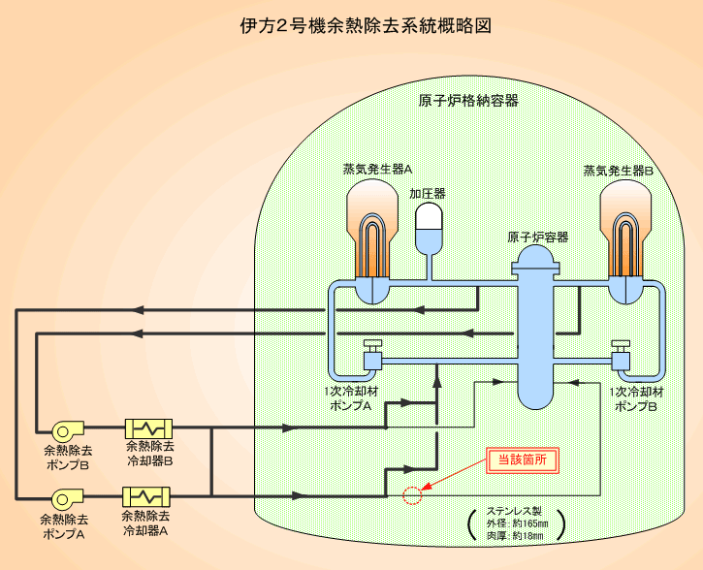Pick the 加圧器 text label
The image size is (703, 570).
427,194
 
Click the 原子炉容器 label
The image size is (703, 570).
538,237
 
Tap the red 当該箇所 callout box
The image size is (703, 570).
522,460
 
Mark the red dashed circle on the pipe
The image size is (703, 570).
412,496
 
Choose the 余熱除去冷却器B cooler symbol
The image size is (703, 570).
148,428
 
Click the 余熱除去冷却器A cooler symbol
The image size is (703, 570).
147,496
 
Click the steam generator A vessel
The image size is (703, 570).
373,242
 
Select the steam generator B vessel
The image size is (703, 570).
623,242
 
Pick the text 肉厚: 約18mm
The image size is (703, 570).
514,537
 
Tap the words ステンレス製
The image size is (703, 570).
514,511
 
